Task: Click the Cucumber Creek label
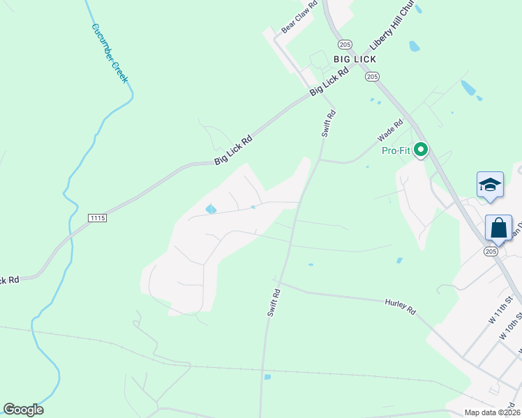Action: click(110, 53)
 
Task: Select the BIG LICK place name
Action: click(355, 59)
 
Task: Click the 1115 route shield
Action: click(98, 218)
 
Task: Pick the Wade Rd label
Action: click(391, 131)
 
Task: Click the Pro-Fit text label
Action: click(396, 150)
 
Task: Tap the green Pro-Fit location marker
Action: click(421, 150)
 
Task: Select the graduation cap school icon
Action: click(490, 185)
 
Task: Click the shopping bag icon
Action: click(498, 228)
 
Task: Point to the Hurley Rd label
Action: click(400, 307)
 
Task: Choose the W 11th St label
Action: click(501, 310)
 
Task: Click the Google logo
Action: click(24, 410)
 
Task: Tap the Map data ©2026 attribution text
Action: click(491, 412)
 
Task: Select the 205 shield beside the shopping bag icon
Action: click(491, 251)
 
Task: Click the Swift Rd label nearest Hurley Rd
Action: click(273, 303)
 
